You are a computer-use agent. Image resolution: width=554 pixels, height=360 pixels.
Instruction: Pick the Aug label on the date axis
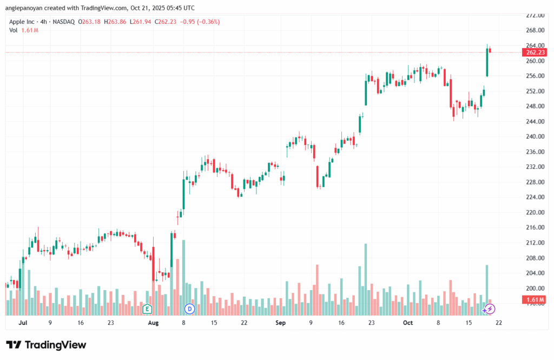pos(153,323)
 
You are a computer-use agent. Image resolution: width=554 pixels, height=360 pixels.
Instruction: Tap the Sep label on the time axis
pos(280,323)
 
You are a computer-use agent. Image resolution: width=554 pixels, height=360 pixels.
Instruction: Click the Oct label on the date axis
pos(408,323)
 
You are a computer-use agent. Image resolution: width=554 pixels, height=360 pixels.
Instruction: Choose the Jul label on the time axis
pos(23,323)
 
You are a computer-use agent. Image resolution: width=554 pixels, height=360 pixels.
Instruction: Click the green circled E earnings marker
pos(147,309)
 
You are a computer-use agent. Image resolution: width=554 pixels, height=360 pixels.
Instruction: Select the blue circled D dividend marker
pos(189,309)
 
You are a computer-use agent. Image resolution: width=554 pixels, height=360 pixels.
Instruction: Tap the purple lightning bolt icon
pos(490,309)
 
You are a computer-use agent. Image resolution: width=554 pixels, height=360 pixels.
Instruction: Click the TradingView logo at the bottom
pos(46,345)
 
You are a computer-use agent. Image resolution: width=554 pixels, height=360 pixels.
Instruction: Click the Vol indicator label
pos(13,30)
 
